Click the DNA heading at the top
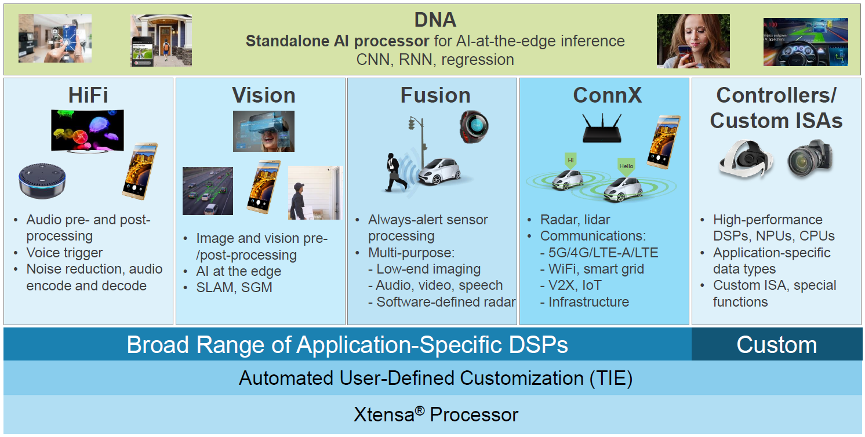click(435, 20)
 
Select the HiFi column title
click(89, 95)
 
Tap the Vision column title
click(264, 95)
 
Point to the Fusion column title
click(435, 95)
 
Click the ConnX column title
click(607, 95)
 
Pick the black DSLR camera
click(809, 158)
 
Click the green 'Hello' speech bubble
click(627, 165)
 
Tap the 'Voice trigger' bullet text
click(64, 253)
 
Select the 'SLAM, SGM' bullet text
click(234, 287)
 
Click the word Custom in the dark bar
click(776, 345)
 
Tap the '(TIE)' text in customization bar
click(611, 378)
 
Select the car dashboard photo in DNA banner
click(805, 41)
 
